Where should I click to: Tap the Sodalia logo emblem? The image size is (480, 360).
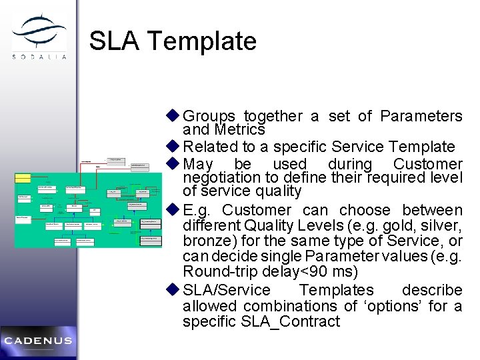pyautogui.click(x=39, y=31)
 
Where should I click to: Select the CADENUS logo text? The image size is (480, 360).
pyautogui.click(x=37, y=341)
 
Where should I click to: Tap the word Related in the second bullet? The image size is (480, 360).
pyautogui.click(x=207, y=147)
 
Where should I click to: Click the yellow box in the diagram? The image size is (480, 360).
pyautogui.click(x=23, y=178)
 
